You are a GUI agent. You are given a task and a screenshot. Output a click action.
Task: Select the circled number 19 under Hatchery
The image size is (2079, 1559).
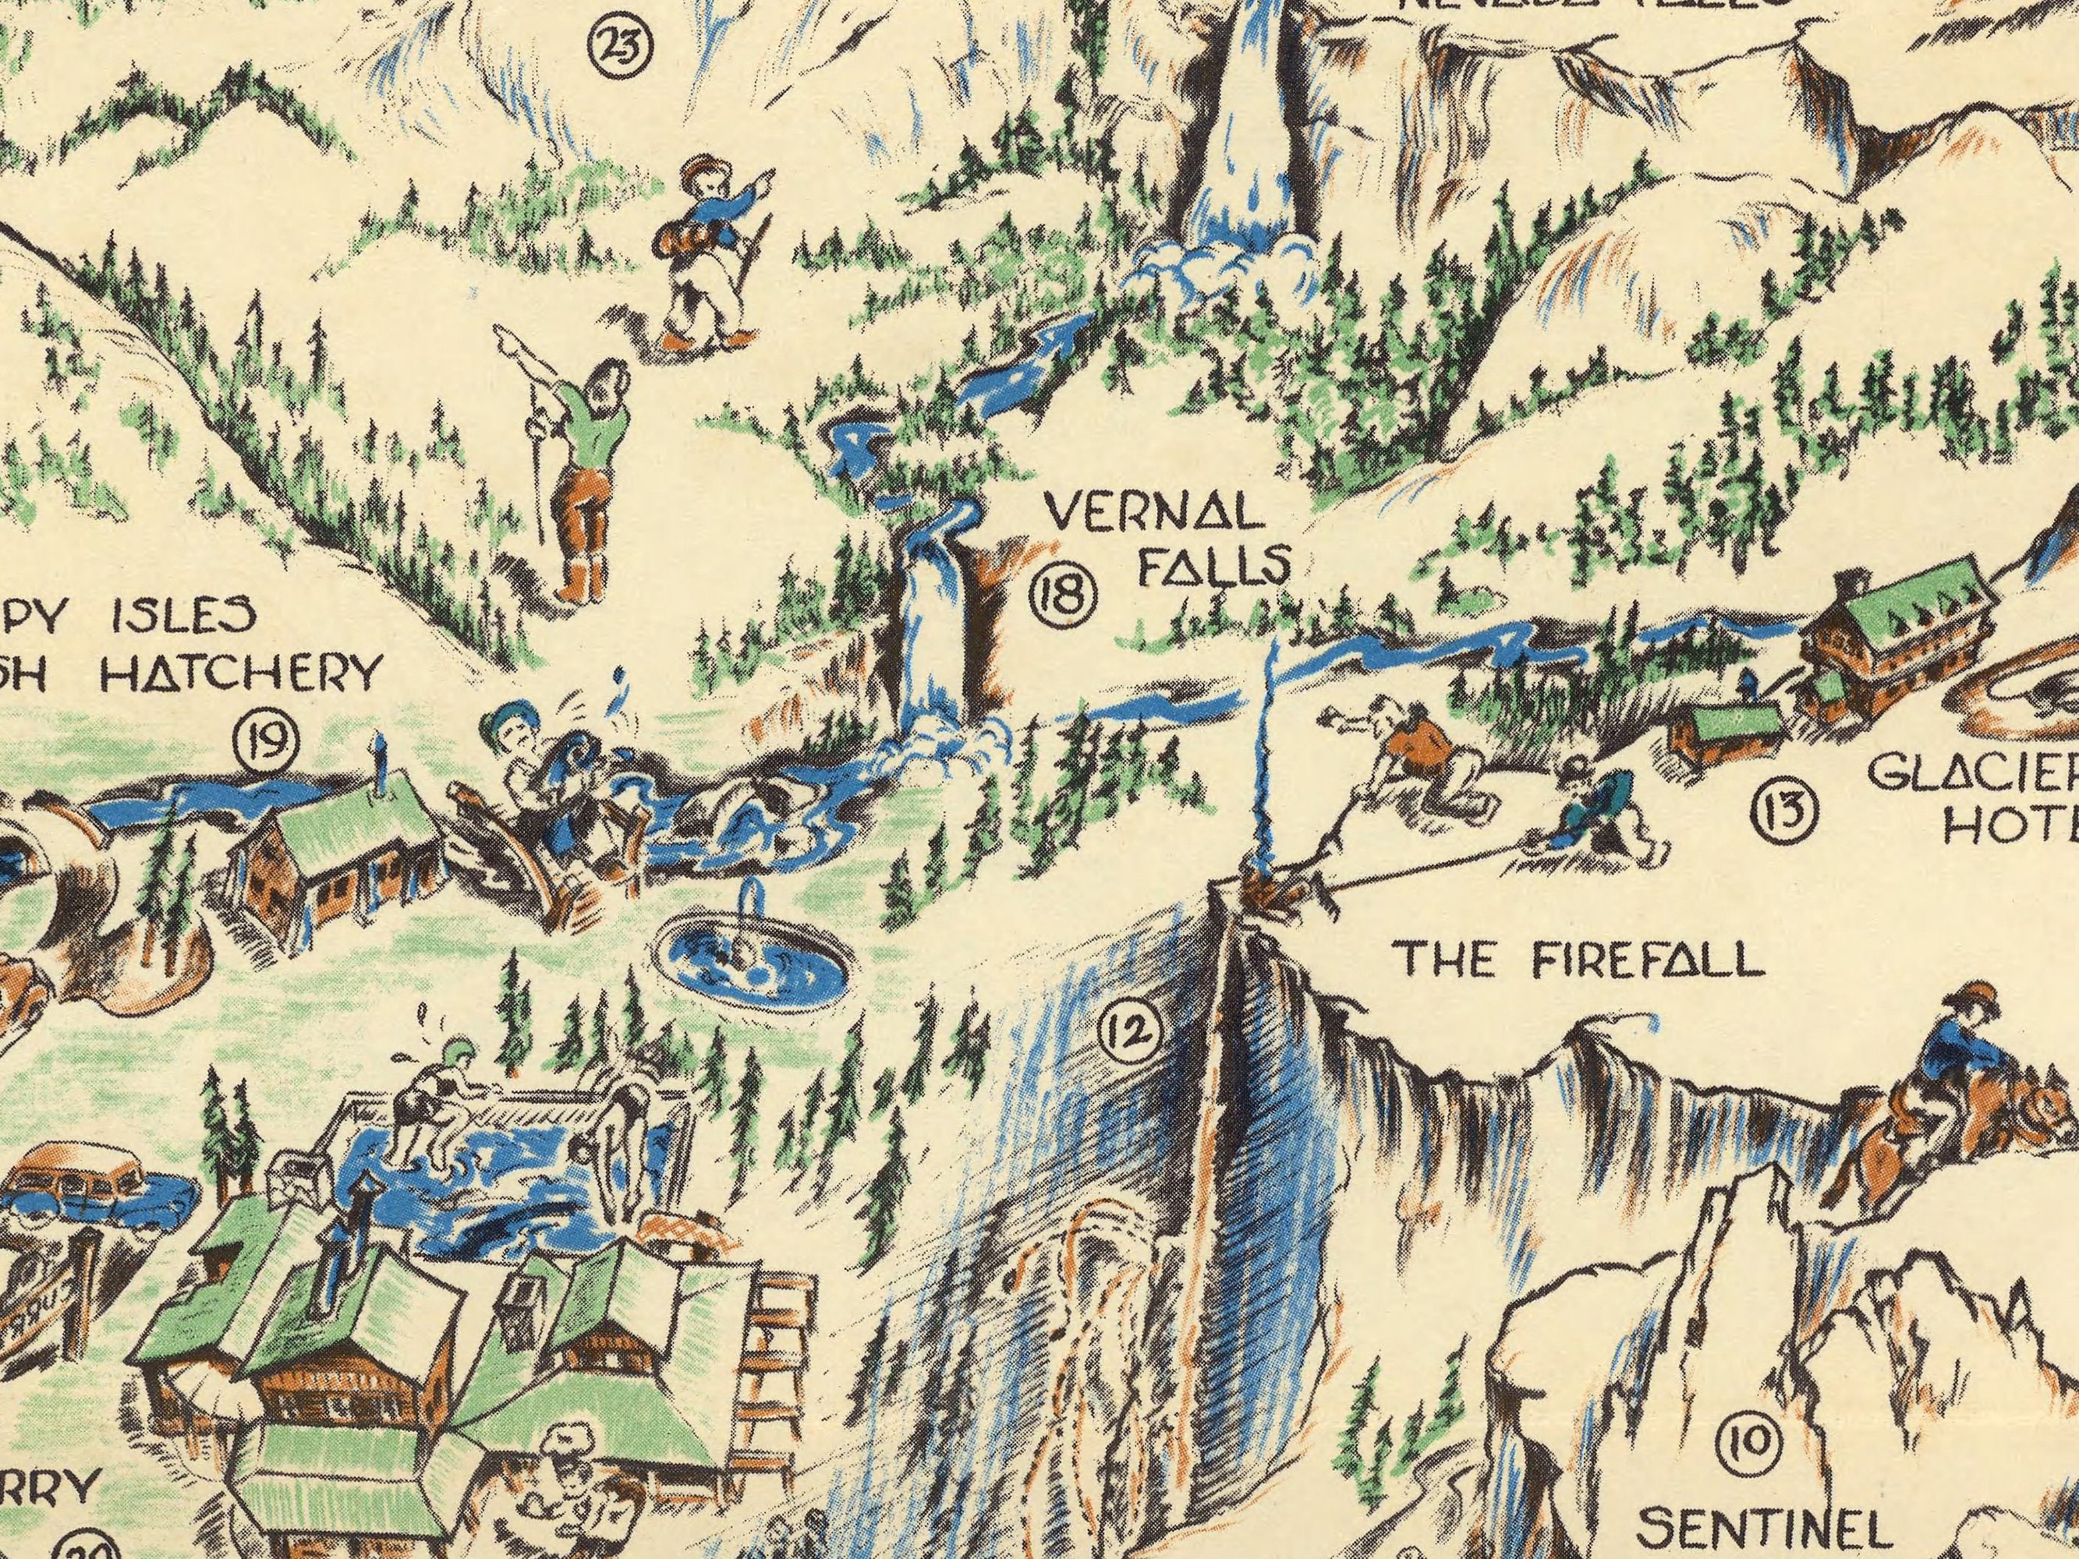267,740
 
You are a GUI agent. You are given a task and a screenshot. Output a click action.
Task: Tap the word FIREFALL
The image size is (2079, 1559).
1639,961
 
